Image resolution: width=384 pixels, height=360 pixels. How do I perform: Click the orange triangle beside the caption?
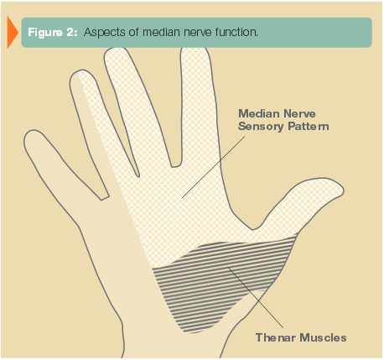pyautogui.click(x=12, y=32)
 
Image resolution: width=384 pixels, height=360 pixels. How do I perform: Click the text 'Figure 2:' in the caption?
pyautogui.click(x=52, y=33)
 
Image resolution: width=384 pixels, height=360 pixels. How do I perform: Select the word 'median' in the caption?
pyautogui.click(x=161, y=32)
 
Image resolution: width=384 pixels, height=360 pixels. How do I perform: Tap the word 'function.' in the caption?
pyautogui.click(x=236, y=32)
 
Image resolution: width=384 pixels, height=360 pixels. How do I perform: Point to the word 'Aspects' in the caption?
pyautogui.click(x=105, y=33)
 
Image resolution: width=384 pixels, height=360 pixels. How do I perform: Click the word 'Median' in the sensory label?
pyautogui.click(x=259, y=113)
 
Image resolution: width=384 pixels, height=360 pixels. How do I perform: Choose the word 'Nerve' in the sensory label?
pyautogui.click(x=299, y=113)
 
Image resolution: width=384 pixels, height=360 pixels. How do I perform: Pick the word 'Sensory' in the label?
pyautogui.click(x=261, y=126)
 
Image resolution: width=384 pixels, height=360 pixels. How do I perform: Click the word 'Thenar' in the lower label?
pyautogui.click(x=276, y=337)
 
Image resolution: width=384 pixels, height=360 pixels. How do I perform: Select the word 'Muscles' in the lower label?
pyautogui.click(x=324, y=337)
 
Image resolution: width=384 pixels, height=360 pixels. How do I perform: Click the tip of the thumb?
pyautogui.click(x=344, y=190)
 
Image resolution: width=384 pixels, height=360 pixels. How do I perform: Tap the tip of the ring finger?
pyautogui.click(x=80, y=71)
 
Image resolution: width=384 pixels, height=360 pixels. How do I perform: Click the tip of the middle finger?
pyautogui.click(x=115, y=49)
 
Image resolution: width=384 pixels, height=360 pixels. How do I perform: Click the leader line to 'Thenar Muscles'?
pyautogui.click(x=256, y=298)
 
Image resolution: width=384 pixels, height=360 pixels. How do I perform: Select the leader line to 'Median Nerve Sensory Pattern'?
pyautogui.click(x=214, y=167)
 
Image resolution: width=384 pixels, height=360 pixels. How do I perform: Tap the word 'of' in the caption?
pyautogui.click(x=134, y=32)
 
